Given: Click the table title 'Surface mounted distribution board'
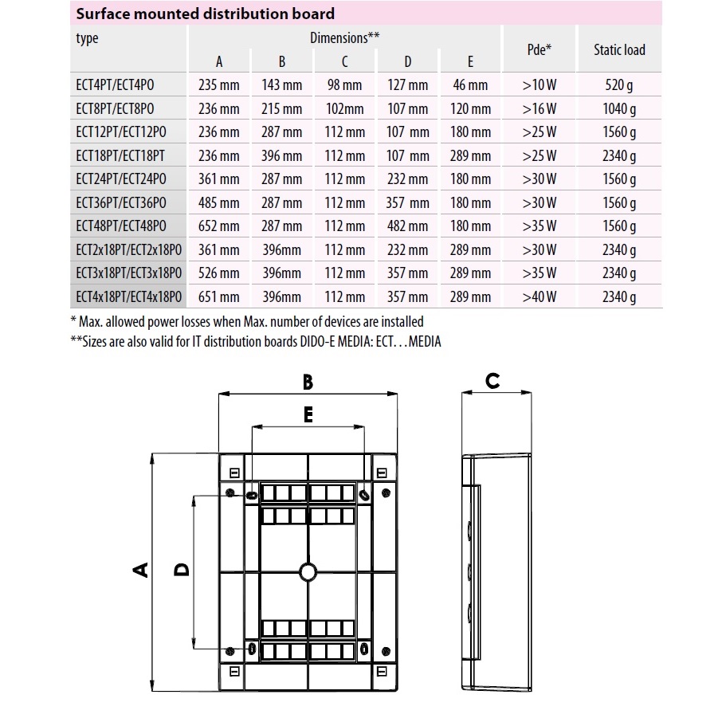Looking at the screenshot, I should pyautogui.click(x=205, y=14).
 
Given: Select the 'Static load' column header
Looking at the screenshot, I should pyautogui.click(x=619, y=49).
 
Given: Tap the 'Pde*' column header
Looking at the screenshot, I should pyautogui.click(x=539, y=49).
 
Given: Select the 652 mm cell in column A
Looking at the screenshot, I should pyautogui.click(x=219, y=226).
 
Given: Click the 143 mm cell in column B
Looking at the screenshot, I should pyautogui.click(x=281, y=85).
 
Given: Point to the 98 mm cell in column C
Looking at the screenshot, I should pyautogui.click(x=344, y=85).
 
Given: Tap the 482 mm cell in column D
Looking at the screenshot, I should pyautogui.click(x=407, y=226).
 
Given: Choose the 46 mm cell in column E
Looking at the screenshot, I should pyautogui.click(x=470, y=85).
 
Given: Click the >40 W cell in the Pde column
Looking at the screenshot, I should pyautogui.click(x=539, y=297).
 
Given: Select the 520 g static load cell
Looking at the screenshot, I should pyautogui.click(x=619, y=85).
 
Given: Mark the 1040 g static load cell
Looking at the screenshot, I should pyautogui.click(x=619, y=109).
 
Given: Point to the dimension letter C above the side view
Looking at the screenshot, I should pyautogui.click(x=492, y=381).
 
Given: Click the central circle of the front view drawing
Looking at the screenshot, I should pyautogui.click(x=308, y=571).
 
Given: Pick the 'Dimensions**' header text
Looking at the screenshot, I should pyautogui.click(x=344, y=37).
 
